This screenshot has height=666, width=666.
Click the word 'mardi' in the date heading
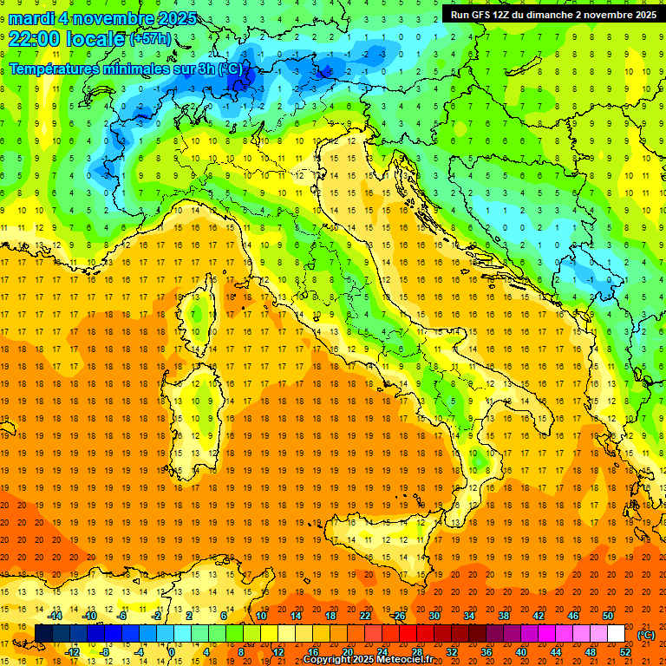[31, 17]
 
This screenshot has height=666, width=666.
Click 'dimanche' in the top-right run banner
[544, 14]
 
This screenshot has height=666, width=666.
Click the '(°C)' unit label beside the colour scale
[646, 635]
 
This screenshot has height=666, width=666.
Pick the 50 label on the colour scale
[608, 616]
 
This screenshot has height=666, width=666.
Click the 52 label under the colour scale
[624, 652]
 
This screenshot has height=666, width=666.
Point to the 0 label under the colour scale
[172, 652]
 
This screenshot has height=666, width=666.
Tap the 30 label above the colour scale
[434, 616]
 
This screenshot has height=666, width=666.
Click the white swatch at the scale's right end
[616, 634]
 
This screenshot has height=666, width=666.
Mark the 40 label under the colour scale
[520, 652]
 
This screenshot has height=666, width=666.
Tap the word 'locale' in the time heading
[94, 38]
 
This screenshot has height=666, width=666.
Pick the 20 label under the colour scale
[347, 652]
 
